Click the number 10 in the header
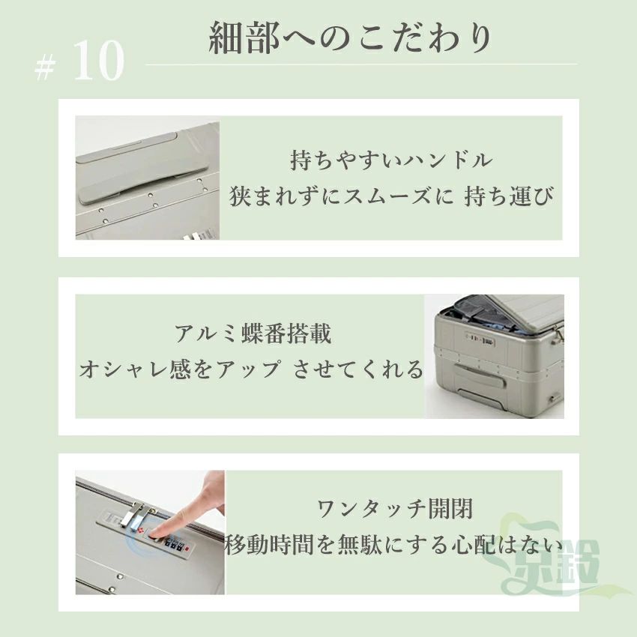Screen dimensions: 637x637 tap(99, 61)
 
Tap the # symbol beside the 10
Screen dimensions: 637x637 tap(45, 67)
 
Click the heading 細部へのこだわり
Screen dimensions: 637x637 tap(350, 38)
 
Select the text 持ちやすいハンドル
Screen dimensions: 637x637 tap(392, 160)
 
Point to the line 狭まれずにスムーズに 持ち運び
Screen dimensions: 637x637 tap(392, 196)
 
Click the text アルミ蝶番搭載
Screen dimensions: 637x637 tap(253, 334)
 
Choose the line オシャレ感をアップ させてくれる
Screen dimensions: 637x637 tap(250, 369)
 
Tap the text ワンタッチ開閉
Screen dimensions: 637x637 tap(395, 509)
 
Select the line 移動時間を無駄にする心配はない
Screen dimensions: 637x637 tap(394, 544)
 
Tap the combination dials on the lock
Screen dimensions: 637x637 tap(173, 544)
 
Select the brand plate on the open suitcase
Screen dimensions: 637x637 tap(480, 341)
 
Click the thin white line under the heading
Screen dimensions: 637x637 tap(361, 64)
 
